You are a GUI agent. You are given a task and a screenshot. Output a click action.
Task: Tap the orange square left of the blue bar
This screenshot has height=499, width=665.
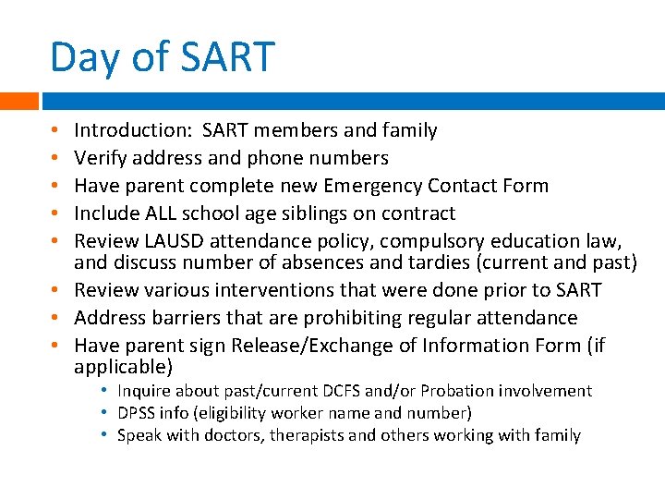click(x=18, y=101)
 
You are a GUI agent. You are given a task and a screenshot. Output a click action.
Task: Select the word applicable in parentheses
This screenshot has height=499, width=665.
click(x=121, y=367)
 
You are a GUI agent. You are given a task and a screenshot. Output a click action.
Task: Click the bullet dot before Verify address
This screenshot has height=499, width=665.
click(x=56, y=158)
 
